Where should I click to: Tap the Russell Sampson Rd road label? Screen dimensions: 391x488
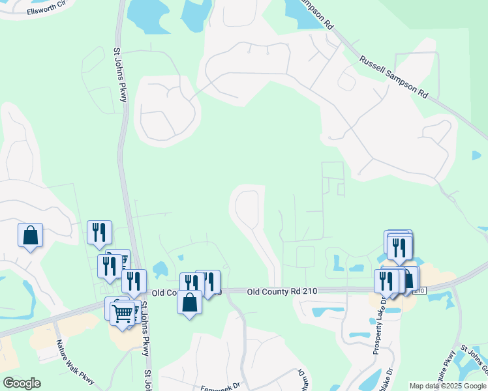(393, 77)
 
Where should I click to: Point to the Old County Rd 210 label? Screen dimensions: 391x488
(282, 290)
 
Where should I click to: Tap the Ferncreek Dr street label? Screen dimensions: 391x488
(221, 384)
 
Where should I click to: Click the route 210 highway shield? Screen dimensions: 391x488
(419, 291)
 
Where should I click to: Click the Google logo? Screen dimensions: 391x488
(22, 383)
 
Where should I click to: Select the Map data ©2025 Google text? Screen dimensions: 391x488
(447, 386)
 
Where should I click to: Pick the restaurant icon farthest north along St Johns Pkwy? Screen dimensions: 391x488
(99, 232)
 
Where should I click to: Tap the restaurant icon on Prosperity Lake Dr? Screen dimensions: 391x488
(386, 280)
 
